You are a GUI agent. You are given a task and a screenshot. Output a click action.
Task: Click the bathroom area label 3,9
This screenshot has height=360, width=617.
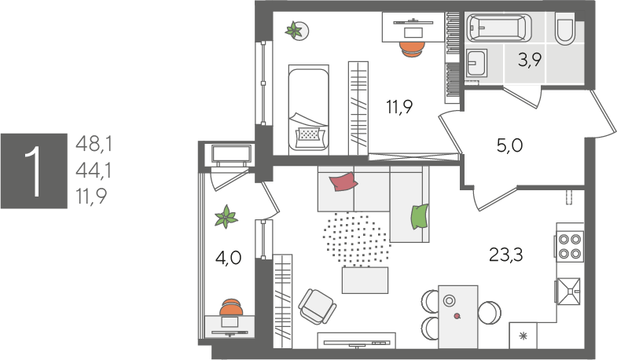[530, 61]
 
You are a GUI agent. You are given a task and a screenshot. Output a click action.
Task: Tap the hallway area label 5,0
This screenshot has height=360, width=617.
[509, 145]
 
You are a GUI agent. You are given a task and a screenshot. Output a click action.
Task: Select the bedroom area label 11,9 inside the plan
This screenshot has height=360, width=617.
[399, 107]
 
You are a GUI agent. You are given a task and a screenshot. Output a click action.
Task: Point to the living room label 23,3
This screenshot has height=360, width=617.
[505, 255]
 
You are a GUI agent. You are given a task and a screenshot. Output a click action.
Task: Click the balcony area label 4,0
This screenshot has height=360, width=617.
[228, 258]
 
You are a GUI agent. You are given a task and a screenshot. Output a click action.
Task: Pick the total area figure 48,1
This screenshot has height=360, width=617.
[94, 144]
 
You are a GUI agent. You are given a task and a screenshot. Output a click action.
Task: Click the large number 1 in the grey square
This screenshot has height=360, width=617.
[33, 171]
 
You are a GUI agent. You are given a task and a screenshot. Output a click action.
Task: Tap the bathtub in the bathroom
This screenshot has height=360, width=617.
[498, 28]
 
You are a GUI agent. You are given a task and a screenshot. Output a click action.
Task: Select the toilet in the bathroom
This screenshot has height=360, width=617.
[564, 28]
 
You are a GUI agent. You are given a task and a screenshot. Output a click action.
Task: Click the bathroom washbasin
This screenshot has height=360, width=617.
[476, 63]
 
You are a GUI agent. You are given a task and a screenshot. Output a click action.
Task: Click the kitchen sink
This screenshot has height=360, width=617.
[568, 292]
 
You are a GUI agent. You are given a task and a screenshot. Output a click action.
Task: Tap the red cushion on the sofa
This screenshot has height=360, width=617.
[343, 182]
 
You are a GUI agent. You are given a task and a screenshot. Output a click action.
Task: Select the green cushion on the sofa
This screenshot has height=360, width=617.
[420, 216]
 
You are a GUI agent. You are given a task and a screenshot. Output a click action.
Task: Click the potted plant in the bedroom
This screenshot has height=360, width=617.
[295, 30]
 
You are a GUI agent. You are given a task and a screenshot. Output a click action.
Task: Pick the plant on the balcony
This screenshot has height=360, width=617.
[226, 216]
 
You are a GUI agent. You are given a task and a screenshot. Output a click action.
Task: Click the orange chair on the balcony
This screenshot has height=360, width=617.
[231, 307]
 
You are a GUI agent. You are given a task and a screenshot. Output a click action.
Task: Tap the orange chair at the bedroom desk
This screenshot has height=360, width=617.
[412, 49]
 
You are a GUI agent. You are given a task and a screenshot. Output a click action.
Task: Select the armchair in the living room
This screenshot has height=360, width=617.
[317, 307]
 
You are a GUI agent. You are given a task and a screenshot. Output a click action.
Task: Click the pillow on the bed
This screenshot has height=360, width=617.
[310, 134]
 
